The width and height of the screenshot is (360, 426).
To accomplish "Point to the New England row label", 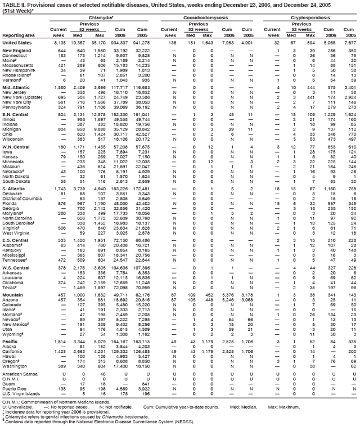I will [17, 51].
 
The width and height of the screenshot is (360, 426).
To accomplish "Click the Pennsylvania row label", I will [16, 107].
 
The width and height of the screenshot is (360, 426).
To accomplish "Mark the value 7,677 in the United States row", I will [349, 43].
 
